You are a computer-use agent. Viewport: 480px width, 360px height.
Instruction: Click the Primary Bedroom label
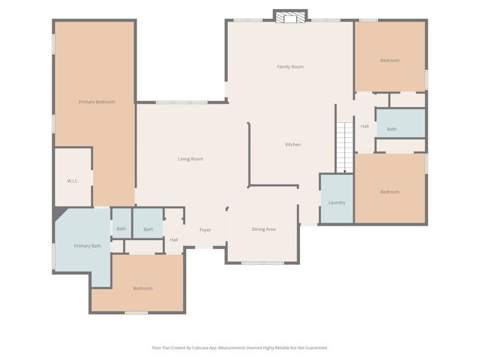pos(97,101)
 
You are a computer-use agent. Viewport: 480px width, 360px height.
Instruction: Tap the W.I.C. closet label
pos(73,181)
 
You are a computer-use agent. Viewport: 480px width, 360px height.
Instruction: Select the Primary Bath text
pos(87,246)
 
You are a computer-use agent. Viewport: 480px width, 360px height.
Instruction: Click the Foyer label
pos(205,230)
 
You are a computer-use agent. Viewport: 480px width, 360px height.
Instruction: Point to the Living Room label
pos(190,159)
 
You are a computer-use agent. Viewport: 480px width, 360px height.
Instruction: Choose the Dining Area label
pos(263,229)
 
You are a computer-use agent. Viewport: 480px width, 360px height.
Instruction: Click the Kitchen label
pos(292,144)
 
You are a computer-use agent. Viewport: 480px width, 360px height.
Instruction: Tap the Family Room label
pos(289,67)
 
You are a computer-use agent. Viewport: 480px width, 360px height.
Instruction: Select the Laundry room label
pos(337,202)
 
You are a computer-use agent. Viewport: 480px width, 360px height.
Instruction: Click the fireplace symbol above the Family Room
pos(289,16)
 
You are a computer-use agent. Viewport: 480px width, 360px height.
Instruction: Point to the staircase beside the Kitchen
pos(343,146)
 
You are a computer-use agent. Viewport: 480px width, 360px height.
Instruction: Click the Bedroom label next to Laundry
pos(389,192)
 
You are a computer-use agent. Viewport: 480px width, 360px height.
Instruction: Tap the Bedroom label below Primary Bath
pos(142,288)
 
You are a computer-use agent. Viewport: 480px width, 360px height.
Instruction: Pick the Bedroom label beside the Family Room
pos(389,60)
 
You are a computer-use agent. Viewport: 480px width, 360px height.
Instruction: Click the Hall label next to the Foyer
pos(173,240)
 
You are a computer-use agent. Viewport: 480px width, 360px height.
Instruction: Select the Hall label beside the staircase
pos(364,126)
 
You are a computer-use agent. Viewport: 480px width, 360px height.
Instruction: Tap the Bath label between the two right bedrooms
pos(391,129)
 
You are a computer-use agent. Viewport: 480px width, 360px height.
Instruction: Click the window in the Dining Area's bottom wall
pos(262,262)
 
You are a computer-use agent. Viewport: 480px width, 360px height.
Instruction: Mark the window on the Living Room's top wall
pos(181,102)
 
